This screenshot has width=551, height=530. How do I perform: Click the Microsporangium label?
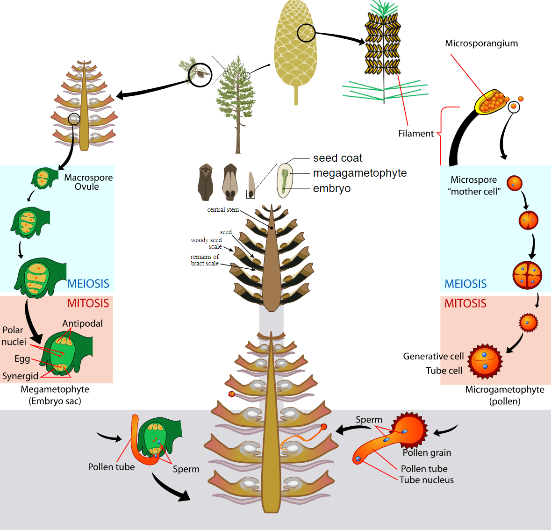pos(481,43)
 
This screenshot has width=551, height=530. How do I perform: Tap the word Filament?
pos(415,134)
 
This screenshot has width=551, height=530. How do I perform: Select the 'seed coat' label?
pos(337,158)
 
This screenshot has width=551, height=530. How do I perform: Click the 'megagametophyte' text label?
pos(359,173)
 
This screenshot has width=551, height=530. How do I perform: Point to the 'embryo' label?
pos(331,189)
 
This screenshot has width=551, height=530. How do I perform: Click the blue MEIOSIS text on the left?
pos(88,284)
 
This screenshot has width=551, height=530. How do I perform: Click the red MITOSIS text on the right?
pos(465,304)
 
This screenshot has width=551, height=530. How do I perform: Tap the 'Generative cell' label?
pos(433,357)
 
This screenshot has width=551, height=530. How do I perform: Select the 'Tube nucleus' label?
pos(426,480)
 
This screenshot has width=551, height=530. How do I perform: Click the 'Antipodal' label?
pos(82,323)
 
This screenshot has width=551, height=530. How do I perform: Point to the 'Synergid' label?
pos(21,376)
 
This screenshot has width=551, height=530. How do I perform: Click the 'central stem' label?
pos(223,210)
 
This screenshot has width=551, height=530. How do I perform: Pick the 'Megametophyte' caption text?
pos(55,390)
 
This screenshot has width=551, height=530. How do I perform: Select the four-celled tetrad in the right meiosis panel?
pos(527,275)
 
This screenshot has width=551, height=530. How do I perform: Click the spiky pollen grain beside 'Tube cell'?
pos(485,361)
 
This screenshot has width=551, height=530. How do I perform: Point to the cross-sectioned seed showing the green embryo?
pos(285,180)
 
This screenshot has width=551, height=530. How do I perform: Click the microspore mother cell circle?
pos(514,183)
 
